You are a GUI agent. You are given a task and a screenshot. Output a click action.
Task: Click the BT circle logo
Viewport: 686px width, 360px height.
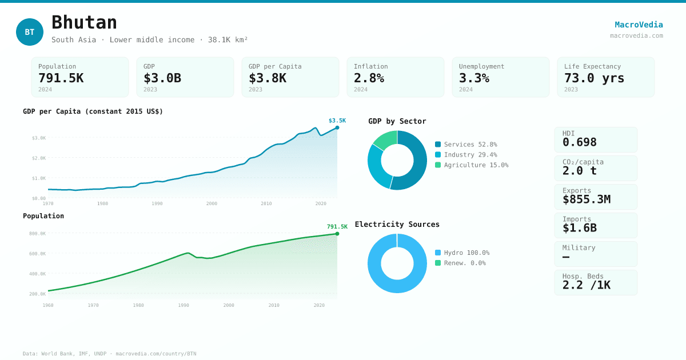click(30, 32)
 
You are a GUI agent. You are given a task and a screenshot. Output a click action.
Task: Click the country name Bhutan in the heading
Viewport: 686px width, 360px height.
click(84, 22)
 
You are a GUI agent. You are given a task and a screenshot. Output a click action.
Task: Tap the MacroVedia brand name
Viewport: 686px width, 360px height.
click(639, 25)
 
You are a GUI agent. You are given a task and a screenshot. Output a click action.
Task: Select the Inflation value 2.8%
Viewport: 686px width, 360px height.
click(369, 78)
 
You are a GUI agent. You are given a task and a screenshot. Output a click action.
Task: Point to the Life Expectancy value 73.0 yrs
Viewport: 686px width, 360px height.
click(594, 78)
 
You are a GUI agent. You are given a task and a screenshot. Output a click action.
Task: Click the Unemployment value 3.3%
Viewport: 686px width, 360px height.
click(474, 78)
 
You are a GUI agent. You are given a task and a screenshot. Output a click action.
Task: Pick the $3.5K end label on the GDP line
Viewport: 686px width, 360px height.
click(337, 121)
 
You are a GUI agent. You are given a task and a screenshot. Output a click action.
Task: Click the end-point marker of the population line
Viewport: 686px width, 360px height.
click(337, 234)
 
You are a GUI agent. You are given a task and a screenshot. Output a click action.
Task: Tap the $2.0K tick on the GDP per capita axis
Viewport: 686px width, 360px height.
click(39, 158)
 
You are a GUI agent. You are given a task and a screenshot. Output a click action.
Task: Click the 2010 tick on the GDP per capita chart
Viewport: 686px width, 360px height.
click(266, 203)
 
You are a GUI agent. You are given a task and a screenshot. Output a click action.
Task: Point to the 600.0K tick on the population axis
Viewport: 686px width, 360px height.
click(38, 254)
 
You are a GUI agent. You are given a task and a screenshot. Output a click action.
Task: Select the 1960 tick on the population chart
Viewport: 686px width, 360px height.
click(48, 305)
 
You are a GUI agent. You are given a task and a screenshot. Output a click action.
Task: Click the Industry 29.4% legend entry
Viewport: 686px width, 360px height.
click(466, 155)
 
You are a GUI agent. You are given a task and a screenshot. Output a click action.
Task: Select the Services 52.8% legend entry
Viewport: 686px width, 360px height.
click(466, 145)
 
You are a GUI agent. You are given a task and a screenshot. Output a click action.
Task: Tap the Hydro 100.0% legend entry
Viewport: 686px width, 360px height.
click(462, 253)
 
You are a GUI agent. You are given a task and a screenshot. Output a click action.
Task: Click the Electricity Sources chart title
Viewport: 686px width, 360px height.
click(397, 224)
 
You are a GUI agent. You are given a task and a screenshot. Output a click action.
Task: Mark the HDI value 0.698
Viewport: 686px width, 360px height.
click(579, 142)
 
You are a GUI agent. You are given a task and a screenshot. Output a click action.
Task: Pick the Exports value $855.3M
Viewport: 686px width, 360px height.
click(586, 199)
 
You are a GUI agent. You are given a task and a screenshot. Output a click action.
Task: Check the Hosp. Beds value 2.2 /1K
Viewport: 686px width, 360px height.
click(586, 285)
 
